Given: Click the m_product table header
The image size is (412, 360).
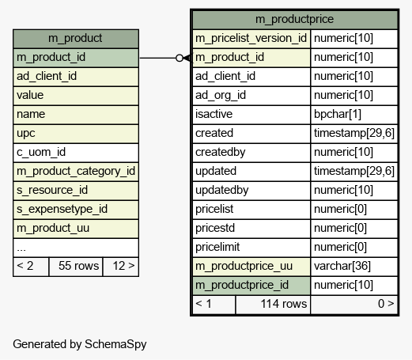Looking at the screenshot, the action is [76, 39].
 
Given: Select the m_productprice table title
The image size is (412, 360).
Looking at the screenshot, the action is [295, 20].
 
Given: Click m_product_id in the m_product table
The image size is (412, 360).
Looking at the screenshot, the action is [76, 58].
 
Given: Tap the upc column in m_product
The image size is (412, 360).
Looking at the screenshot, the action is [76, 134].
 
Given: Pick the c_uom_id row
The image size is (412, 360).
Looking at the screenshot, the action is [76, 153].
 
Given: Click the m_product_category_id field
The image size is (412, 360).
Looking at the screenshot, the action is [76, 172].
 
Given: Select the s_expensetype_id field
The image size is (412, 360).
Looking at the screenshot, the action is [76, 210].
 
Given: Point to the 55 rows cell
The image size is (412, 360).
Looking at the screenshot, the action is [76, 267].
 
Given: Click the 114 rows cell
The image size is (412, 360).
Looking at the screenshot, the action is [273, 305].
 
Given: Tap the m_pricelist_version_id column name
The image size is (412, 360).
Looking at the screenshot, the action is [251, 39].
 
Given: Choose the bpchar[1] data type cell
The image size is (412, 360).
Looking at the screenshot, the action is [354, 115].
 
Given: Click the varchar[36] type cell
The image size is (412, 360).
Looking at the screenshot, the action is [354, 267].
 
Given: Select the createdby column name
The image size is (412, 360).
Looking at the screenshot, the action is [251, 153].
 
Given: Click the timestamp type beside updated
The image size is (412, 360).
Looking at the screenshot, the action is [354, 172].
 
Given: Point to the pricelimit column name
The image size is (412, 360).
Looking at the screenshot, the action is [251, 248].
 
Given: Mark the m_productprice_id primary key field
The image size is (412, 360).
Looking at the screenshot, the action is [251, 286].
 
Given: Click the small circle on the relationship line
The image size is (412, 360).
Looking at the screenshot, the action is [180, 58].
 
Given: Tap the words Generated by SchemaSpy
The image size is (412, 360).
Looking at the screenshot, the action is [80, 344].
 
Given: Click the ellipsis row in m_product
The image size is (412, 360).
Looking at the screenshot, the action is [76, 248].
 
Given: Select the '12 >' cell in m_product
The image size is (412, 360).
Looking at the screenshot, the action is [121, 267].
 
